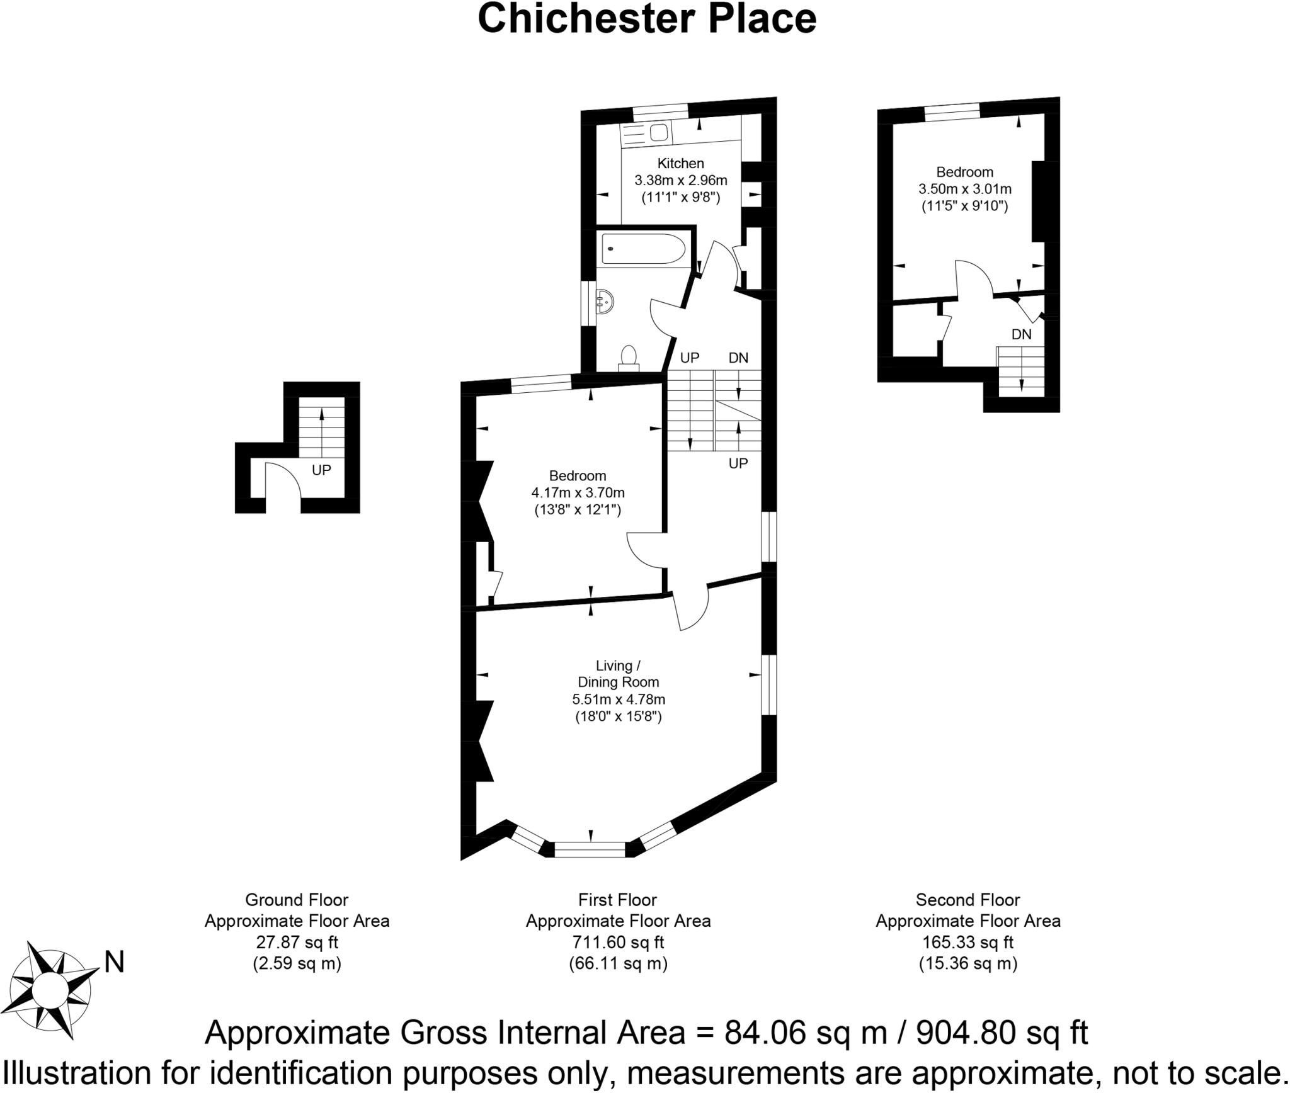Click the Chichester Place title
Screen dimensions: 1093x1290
[647, 19]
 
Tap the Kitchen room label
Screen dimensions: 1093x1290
[680, 164]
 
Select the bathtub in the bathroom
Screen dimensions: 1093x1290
[643, 249]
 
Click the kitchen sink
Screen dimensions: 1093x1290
[658, 133]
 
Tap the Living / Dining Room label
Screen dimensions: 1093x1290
[618, 674]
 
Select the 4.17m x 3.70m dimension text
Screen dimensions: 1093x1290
[578, 492]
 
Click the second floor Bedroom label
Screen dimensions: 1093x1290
[964, 172]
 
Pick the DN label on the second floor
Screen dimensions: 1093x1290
[1021, 334]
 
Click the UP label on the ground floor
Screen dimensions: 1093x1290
[321, 470]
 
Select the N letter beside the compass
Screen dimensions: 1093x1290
[114, 963]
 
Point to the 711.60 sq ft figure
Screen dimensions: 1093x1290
[617, 943]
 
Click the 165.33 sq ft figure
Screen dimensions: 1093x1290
[967, 943]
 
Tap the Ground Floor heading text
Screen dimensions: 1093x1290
[296, 900]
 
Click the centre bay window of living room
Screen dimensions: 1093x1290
[590, 850]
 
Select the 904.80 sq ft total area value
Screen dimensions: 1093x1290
[1002, 1033]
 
